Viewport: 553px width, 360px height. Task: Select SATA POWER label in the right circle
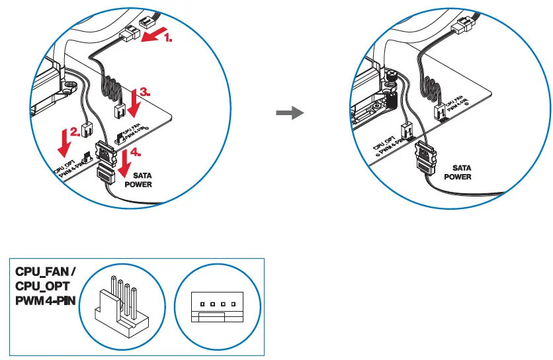coord(457,172)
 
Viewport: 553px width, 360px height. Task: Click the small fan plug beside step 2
coord(86,129)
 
